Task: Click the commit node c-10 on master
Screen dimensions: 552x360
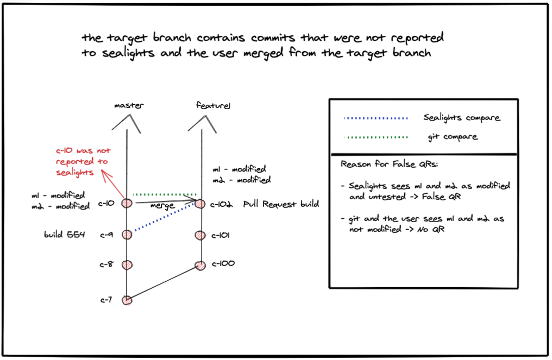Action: (127, 203)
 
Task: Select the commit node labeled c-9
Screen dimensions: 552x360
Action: (127, 235)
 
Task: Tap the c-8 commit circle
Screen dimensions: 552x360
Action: (127, 264)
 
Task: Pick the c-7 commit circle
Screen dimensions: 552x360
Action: (127, 300)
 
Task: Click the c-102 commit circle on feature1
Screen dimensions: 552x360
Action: (200, 204)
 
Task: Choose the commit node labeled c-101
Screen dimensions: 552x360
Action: (200, 235)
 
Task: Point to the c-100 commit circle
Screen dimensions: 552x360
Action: (200, 266)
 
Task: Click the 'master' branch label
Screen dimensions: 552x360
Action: (129, 105)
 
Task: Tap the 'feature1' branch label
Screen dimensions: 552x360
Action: (213, 105)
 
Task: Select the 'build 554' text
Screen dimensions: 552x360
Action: (65, 235)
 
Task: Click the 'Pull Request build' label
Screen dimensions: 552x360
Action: (281, 204)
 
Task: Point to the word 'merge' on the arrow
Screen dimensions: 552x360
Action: (162, 205)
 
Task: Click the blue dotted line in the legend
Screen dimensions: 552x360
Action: (376, 118)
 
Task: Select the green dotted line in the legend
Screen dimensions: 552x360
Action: (376, 137)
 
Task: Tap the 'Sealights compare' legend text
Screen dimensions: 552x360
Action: (461, 117)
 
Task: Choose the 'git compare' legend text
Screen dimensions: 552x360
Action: (453, 136)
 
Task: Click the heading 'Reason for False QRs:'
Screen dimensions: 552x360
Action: (390, 164)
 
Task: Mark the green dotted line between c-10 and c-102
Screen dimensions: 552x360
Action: (165, 194)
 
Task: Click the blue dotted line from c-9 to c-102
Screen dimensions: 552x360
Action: (165, 217)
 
